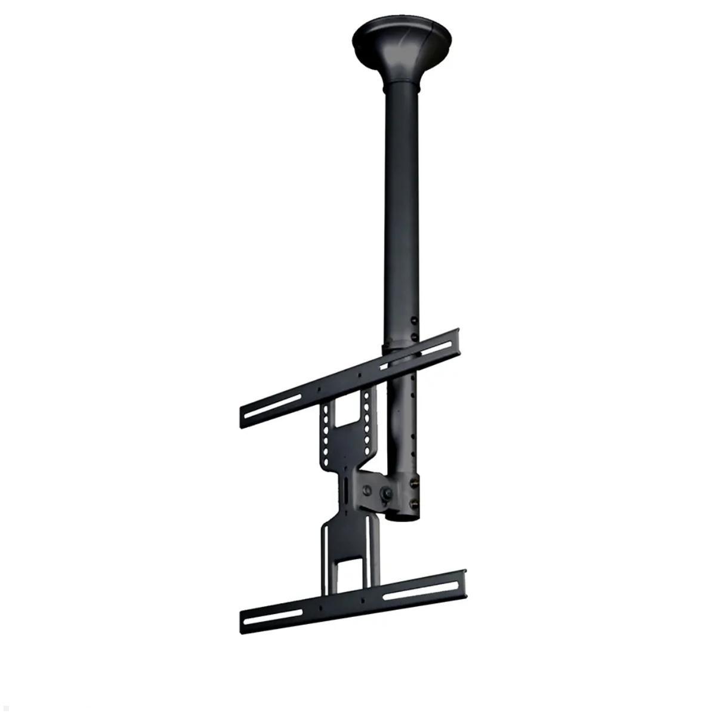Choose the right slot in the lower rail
coord(411,591)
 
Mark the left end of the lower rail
coord(243,624)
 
